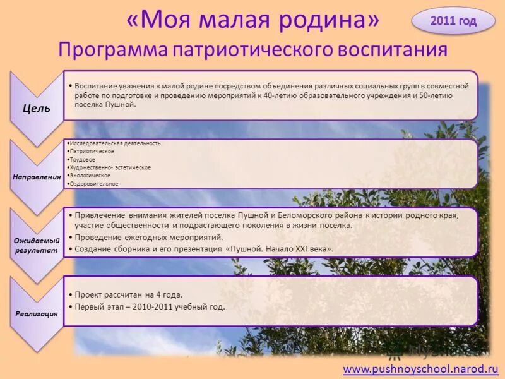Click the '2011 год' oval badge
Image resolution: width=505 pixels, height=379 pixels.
point(453,21)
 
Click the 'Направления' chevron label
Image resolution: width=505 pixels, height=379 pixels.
point(37,177)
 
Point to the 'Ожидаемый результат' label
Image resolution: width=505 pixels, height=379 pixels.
point(37,245)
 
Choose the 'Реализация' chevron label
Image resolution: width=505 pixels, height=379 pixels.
point(37,313)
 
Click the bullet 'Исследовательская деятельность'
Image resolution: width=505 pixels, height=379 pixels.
point(115,143)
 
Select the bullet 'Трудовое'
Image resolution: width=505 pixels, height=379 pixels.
point(83,160)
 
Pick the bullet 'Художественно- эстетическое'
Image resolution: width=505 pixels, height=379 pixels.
point(110,167)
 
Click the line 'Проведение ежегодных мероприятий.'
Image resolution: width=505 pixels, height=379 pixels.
point(149,238)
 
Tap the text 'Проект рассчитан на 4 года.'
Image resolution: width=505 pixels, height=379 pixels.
point(128,294)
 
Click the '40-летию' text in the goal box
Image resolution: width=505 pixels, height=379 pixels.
point(280,95)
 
